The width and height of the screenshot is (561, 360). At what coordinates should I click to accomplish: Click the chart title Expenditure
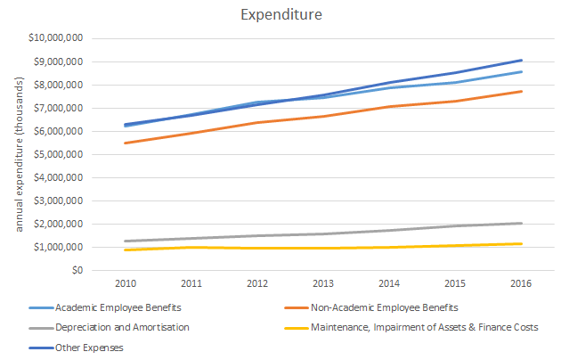point(280,15)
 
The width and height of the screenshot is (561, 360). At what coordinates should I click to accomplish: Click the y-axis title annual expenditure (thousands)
point(19,154)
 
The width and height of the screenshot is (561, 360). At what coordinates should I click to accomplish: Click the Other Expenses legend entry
point(90,348)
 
